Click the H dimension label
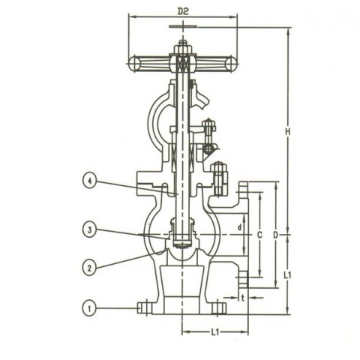click(289, 133)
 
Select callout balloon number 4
click(90, 181)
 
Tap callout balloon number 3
click(90, 231)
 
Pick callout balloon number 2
click(90, 265)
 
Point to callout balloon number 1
click(90, 307)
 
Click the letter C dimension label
click(259, 235)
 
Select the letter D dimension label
click(275, 235)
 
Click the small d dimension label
click(239, 226)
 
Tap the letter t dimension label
click(244, 297)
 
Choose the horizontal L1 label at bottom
click(216, 330)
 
